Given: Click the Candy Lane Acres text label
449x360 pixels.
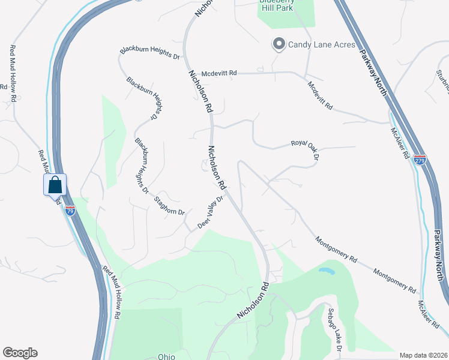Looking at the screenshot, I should pos(322,44).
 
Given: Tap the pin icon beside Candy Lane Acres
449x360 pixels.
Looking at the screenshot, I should pos(279,44).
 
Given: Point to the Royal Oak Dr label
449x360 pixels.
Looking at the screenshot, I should pos(304,148).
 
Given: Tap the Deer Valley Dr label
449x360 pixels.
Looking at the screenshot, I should pos(211,212).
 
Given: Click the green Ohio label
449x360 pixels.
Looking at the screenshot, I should pos(166,356).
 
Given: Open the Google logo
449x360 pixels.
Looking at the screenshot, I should pos(20,353).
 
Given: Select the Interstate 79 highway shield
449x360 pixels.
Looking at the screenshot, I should pos(70,211).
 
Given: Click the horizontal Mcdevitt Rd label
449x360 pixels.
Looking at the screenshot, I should pos(220,73).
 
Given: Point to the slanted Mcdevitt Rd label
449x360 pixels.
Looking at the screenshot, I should pos(320,95).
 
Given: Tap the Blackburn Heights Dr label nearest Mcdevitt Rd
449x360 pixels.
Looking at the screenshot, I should pos(150,53).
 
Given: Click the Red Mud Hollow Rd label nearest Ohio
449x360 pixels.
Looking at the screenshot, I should pos(113,292).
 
